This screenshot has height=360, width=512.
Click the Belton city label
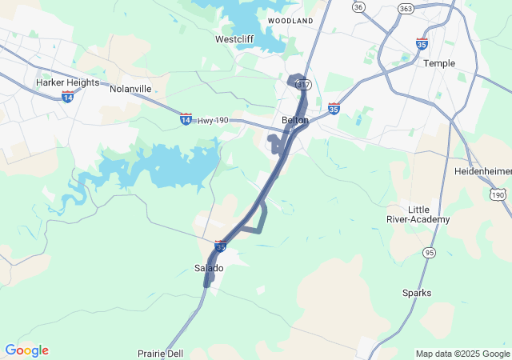pos(295,120)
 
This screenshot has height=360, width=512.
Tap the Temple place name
pos(439,63)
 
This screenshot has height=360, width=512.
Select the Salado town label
pos(210,268)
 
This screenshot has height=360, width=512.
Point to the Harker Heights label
pos(67,82)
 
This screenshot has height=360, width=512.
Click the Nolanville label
pos(130,88)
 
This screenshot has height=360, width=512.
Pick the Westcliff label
pos(234,38)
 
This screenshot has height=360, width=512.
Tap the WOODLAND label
pos(290,20)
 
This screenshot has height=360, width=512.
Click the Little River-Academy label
pos(429,214)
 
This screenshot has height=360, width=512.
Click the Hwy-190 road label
pos(214,120)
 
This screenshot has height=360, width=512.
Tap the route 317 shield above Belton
pos(302,84)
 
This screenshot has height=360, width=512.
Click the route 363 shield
pos(406,8)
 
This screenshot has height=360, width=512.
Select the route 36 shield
pos(358,6)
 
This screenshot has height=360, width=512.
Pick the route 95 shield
pos(430,253)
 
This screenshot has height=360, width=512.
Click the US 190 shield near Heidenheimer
pos(498,194)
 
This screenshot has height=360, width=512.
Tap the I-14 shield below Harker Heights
pos(67,96)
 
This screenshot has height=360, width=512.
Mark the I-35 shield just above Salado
pos(220,247)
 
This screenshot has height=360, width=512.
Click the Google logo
pos(26,350)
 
